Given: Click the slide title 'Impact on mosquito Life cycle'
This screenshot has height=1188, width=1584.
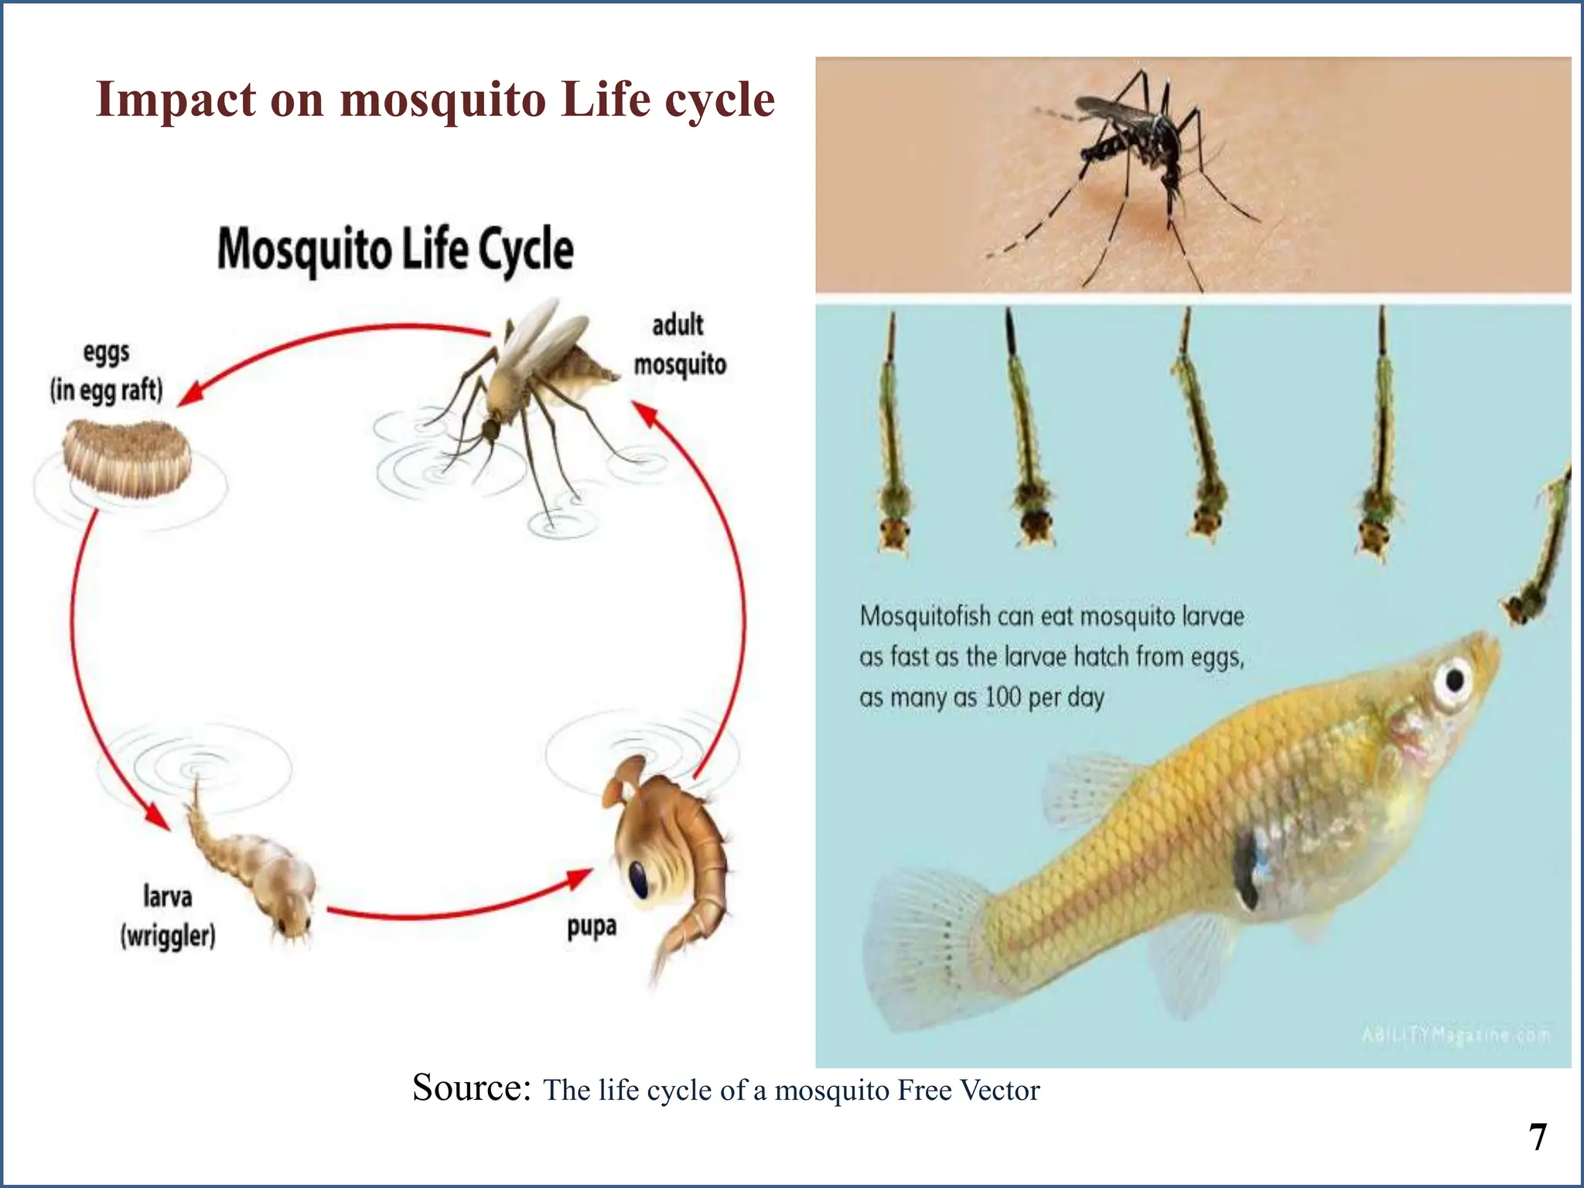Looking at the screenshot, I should (x=435, y=101).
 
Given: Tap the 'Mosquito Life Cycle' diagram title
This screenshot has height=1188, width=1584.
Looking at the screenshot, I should (x=395, y=250).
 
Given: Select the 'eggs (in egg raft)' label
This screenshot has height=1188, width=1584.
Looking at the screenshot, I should (x=107, y=371).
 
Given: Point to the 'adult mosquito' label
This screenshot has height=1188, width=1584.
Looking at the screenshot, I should (x=680, y=344).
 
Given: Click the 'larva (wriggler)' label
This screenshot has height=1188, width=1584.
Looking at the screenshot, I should (x=168, y=917).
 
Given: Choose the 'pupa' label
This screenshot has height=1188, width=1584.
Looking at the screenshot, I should (x=592, y=926).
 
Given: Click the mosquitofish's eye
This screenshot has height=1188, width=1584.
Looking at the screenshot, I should (x=1454, y=681).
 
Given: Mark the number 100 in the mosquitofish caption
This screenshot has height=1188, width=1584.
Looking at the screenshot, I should (x=1003, y=698).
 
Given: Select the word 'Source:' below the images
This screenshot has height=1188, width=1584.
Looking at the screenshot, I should (x=471, y=1087).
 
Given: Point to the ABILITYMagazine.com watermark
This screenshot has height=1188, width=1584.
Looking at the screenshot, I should (x=1456, y=1035).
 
